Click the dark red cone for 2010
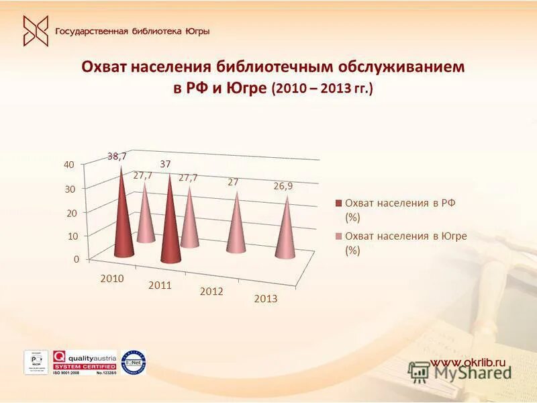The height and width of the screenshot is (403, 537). pyautogui.click(x=123, y=222)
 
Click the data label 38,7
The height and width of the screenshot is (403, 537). pyautogui.click(x=117, y=156)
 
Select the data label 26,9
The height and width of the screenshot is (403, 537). pyautogui.click(x=283, y=186)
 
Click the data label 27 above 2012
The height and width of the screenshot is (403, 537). pyautogui.click(x=233, y=182)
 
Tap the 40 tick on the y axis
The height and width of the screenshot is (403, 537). pyautogui.click(x=69, y=165)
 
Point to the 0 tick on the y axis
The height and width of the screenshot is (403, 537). pyautogui.click(x=76, y=259)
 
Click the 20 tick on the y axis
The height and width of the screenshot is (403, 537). pyautogui.click(x=70, y=212)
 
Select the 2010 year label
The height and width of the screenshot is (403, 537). pyautogui.click(x=112, y=278)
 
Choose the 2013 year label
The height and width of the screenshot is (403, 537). pyautogui.click(x=265, y=299)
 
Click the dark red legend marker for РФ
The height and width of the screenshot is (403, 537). pyautogui.click(x=340, y=203)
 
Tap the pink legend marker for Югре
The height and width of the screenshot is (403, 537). pyautogui.click(x=340, y=236)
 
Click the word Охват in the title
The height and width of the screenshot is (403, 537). pyautogui.click(x=104, y=68)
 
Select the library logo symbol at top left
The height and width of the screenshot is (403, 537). pyautogui.click(x=36, y=31)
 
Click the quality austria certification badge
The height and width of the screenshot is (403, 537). pyautogui.click(x=85, y=363)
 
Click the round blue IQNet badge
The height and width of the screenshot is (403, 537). pyautogui.click(x=134, y=363)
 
